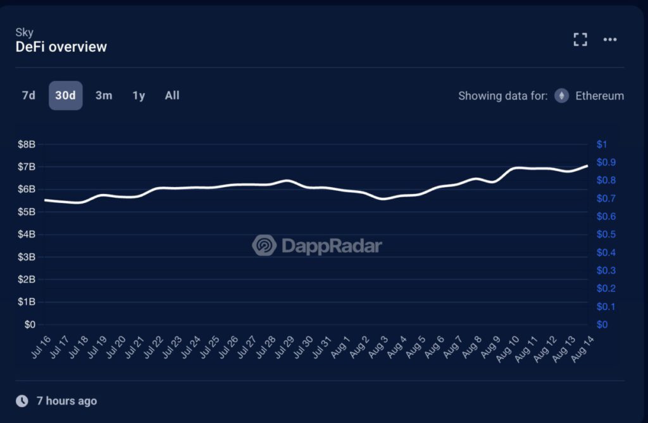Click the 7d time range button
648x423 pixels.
click(x=28, y=95)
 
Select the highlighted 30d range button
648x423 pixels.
click(x=65, y=95)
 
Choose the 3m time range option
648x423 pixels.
click(x=104, y=95)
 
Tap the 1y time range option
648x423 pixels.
click(x=139, y=95)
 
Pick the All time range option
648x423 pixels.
click(x=172, y=95)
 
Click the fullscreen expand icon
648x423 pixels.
click(x=580, y=40)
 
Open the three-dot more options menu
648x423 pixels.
click(x=610, y=40)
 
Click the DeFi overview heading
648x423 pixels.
click(x=61, y=47)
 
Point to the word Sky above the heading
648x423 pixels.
click(x=24, y=32)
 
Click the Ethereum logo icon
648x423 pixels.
click(x=561, y=96)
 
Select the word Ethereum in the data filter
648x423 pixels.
click(x=599, y=96)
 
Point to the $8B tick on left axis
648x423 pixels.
click(x=27, y=144)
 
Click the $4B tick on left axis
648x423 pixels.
click(x=27, y=235)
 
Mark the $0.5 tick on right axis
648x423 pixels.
click(x=606, y=235)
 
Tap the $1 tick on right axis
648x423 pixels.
click(x=602, y=144)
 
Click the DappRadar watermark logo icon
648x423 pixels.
click(x=264, y=245)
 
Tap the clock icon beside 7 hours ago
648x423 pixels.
click(x=22, y=401)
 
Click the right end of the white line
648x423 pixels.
click(x=587, y=166)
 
